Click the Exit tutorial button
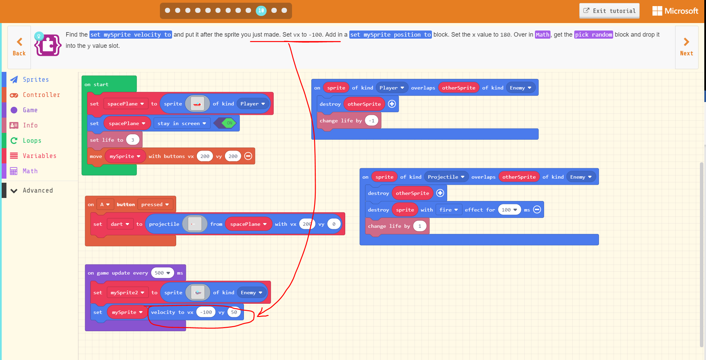point(609,11)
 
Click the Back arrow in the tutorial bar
point(19,47)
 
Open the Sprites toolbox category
point(36,80)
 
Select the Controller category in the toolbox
point(41,95)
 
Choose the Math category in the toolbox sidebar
point(30,171)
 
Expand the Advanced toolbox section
point(37,191)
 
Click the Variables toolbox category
point(39,156)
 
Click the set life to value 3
point(132,140)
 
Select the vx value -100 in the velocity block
point(206,312)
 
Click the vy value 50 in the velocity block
point(234,312)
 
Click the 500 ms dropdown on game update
point(162,273)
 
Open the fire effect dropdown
point(449,210)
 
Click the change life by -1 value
point(372,121)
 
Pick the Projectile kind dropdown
point(446,177)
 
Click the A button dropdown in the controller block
point(105,204)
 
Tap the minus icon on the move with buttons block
point(248,156)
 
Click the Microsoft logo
point(675,11)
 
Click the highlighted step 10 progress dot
point(261,11)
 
